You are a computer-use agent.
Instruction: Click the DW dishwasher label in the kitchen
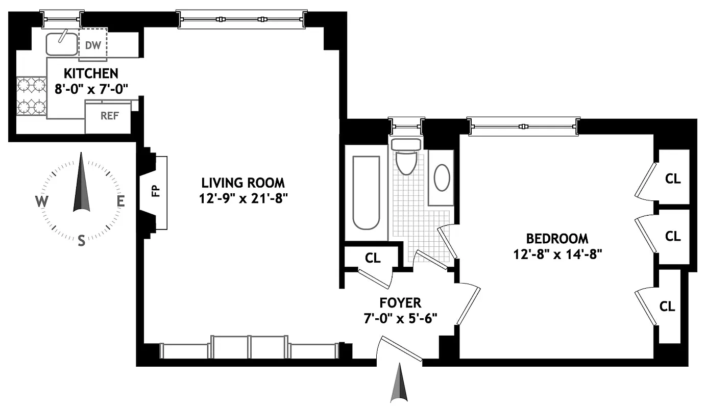tap(92, 45)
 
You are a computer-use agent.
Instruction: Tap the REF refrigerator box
tap(109, 116)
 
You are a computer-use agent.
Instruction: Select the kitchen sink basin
tap(62, 44)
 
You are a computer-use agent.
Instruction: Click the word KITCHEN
tap(91, 73)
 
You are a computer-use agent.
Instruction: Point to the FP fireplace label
tap(156, 191)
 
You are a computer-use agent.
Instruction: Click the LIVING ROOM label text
tap(242, 183)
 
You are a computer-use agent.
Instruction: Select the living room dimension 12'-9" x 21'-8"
tap(242, 198)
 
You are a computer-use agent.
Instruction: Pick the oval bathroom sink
tap(442, 177)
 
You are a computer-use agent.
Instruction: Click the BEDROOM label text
tap(557, 238)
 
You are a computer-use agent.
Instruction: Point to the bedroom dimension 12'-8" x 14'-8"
tap(557, 253)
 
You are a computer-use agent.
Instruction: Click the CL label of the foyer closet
tap(373, 258)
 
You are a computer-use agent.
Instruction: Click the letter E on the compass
tap(121, 201)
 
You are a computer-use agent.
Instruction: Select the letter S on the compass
tap(81, 241)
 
